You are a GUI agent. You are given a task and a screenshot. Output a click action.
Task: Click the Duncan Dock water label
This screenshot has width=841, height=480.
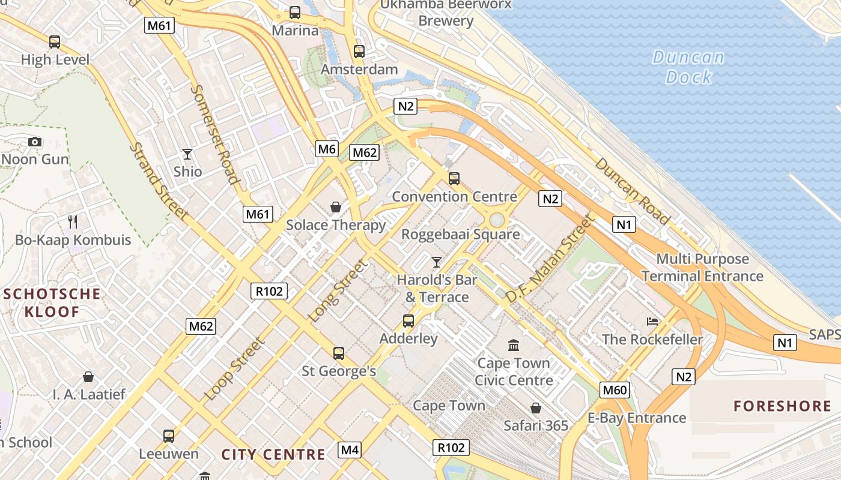coord(688,67)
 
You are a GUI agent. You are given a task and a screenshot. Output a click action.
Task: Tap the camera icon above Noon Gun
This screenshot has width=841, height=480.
coord(35,142)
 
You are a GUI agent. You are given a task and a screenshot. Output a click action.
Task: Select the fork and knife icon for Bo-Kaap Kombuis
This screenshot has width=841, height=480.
coord(73,222)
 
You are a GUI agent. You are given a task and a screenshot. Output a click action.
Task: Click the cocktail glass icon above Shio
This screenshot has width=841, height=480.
coord(187,154)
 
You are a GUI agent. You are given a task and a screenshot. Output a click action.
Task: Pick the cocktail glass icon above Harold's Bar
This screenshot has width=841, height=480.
coord(437,262)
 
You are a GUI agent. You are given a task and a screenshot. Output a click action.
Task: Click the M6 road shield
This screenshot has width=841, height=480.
coord(327,149)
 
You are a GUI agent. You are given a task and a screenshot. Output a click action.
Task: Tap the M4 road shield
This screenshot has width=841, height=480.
coord(350,449)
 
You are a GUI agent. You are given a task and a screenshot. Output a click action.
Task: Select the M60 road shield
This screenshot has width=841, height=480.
coord(615,391)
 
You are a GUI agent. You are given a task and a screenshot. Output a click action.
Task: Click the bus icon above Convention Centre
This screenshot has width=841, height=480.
coord(454,178)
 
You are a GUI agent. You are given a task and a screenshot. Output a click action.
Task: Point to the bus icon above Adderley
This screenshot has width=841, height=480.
coord(408,321)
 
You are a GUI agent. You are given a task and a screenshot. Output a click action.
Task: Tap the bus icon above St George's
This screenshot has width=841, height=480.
coord(339,353)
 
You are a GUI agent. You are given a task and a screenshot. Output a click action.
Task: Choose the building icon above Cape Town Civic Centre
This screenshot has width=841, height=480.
coord(514,345)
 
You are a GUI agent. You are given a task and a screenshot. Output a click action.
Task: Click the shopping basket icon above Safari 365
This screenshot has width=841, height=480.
coord(536,408)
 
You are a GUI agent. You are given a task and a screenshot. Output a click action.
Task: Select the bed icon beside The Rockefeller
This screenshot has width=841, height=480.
coord(652,322)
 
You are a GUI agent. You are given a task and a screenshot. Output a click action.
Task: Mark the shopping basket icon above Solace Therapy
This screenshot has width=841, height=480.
coord(336,207)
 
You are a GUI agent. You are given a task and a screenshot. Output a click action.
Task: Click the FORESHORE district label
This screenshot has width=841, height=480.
coord(782,406)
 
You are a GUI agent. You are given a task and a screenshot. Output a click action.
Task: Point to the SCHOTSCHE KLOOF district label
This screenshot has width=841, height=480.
coord(52,302)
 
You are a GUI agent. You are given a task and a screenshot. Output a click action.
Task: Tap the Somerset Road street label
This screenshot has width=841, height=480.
coord(214,134)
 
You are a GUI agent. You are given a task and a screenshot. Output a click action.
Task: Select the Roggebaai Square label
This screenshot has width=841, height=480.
coord(460,234)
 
